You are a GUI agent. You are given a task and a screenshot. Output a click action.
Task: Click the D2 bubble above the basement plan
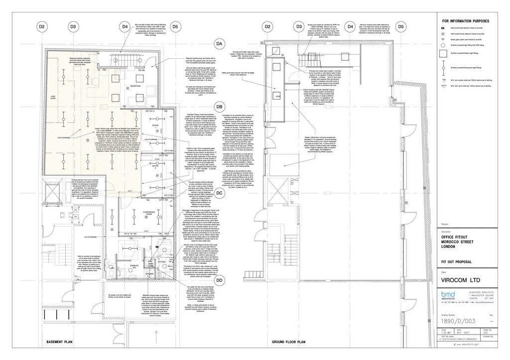42,26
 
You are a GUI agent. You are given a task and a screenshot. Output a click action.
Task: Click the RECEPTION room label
122,87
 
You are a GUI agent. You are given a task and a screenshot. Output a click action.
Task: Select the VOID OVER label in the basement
53,98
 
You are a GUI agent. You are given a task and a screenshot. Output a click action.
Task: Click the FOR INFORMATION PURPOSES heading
466,21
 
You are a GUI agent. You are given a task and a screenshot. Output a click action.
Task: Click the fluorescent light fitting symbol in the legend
443,66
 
